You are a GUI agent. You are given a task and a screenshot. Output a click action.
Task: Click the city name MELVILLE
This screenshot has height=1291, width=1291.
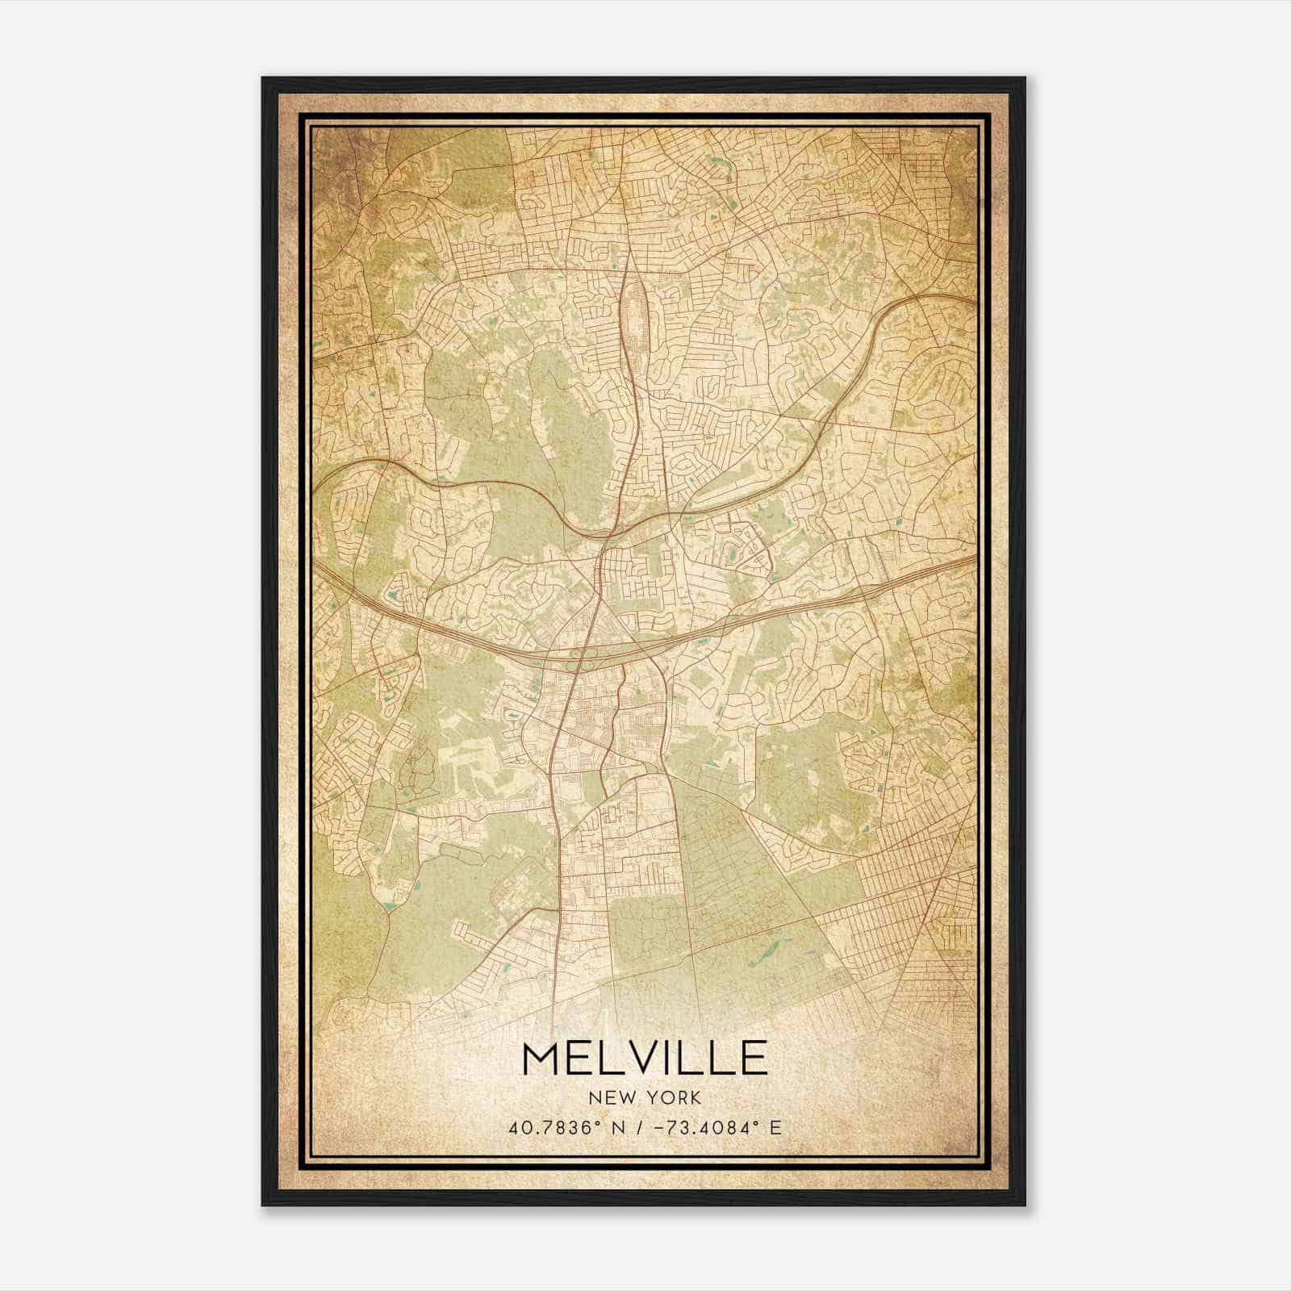click(645, 1057)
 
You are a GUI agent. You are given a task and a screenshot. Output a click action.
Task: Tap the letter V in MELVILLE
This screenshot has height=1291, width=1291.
click(635, 1057)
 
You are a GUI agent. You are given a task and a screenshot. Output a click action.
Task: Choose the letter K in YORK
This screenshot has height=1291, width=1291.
click(696, 1098)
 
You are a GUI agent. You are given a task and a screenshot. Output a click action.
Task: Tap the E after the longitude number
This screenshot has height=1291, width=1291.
click(775, 1127)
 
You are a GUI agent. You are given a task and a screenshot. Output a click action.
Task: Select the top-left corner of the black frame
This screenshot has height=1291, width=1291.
click(263, 78)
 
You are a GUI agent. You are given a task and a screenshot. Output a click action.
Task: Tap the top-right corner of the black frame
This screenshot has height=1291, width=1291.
click(1025, 78)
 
